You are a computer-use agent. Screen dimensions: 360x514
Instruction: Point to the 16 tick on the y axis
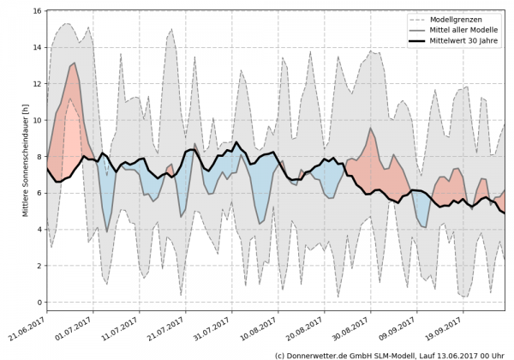pos(39,11)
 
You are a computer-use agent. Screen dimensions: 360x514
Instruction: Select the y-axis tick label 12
pos(39,84)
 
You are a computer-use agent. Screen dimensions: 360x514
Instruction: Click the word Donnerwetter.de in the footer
pos(317,354)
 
